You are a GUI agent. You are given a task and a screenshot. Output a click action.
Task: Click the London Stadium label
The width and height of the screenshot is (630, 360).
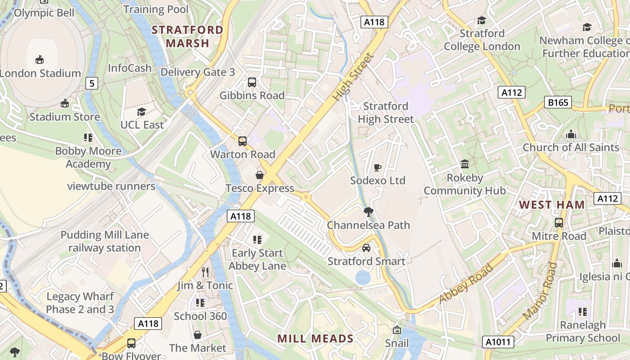click(40, 73)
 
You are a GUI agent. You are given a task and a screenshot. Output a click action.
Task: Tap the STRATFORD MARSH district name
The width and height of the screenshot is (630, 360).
click(187, 36)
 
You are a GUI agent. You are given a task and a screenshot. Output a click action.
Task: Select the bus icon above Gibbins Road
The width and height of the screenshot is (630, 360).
click(252, 82)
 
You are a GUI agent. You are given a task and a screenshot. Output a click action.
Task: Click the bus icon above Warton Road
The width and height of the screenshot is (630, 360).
click(243, 141)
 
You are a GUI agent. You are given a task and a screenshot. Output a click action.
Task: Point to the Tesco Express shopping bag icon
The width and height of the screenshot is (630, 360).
click(260, 175)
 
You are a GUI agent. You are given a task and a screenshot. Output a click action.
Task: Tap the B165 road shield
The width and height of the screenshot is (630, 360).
click(558, 102)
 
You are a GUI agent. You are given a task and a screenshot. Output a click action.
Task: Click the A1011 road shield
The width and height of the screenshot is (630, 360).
click(499, 342)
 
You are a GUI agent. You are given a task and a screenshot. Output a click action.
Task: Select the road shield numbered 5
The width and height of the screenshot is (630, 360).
click(92, 83)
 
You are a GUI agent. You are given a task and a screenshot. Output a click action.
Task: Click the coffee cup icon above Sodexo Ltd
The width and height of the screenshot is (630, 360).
click(378, 167)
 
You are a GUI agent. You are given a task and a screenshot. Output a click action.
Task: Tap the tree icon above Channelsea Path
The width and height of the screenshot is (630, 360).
click(368, 211)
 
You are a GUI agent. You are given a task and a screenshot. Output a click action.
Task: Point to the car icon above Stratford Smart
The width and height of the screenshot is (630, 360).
click(366, 248)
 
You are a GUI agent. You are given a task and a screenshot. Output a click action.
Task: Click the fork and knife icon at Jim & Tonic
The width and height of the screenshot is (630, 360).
click(205, 272)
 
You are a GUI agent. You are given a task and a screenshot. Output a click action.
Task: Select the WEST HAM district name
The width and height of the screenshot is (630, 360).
click(552, 205)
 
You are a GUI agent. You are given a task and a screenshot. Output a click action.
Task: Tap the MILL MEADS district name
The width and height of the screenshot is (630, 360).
click(315, 338)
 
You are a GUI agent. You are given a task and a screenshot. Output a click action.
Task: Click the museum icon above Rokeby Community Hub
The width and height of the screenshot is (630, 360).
click(465, 164)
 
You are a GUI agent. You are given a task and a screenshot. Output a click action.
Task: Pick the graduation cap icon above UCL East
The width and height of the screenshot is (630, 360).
click(142, 112)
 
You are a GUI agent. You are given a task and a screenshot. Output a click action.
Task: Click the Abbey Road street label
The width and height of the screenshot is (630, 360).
click(466, 283)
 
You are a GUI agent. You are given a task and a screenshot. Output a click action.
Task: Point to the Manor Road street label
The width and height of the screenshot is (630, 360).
click(540, 291)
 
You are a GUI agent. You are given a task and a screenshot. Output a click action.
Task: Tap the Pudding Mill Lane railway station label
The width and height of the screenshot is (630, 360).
click(104, 241)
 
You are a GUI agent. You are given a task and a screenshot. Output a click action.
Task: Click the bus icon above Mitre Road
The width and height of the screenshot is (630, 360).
click(559, 223)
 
